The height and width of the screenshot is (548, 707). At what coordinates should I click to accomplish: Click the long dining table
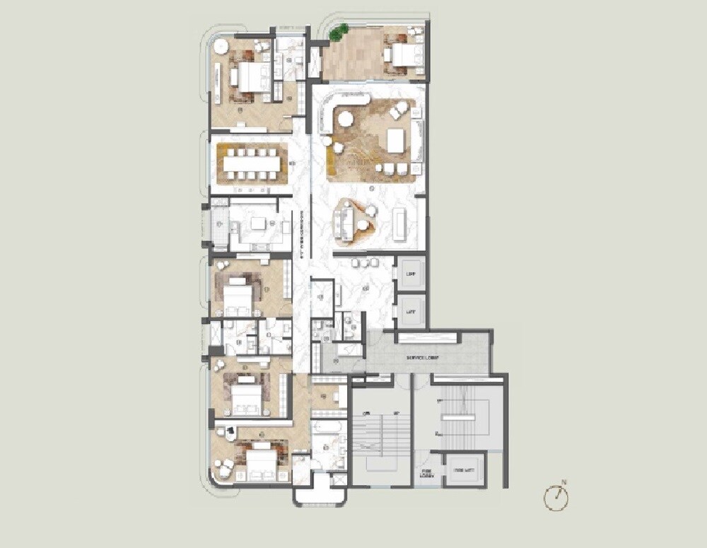pyautogui.click(x=251, y=165)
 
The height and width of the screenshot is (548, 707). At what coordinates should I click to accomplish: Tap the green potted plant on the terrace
pyautogui.click(x=340, y=31)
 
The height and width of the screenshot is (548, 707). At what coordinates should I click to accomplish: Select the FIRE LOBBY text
pyautogui.click(x=428, y=472)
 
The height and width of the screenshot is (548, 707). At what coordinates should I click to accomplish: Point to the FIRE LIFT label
pyautogui.click(x=464, y=470)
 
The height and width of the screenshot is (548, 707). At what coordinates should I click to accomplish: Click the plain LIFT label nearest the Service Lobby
pyautogui.click(x=411, y=309)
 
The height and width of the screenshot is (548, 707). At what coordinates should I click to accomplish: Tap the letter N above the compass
pyautogui.click(x=563, y=483)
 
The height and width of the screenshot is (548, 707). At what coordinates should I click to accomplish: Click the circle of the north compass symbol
pyautogui.click(x=556, y=498)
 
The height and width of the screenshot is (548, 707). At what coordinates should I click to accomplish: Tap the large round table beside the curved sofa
pyautogui.click(x=346, y=119)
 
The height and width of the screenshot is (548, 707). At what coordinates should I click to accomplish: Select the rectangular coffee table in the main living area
pyautogui.click(x=396, y=141)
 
